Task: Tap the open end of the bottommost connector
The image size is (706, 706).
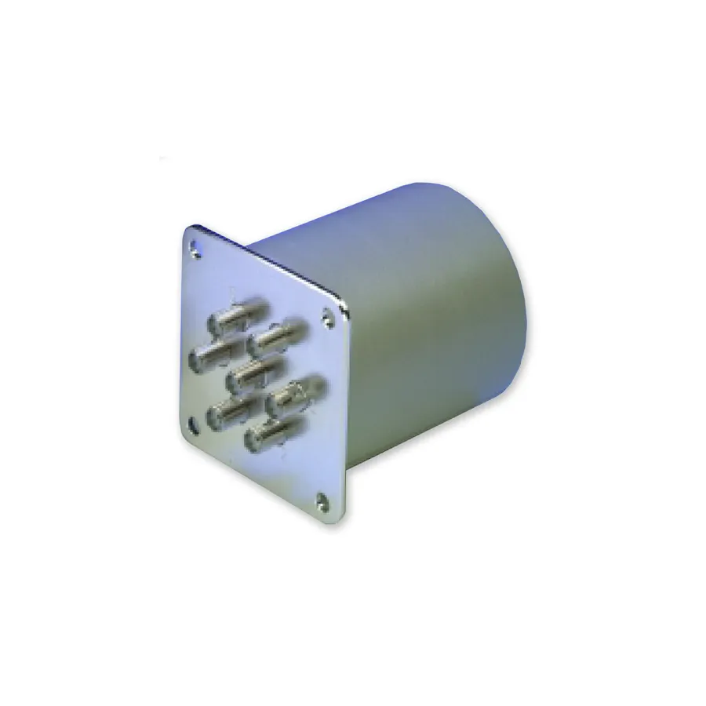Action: pos(253,442)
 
